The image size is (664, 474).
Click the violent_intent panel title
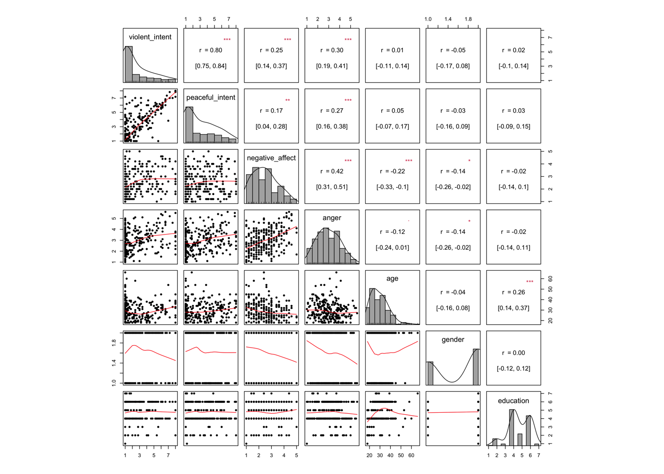(x=150, y=37)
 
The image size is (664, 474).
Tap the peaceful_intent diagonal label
(x=210, y=97)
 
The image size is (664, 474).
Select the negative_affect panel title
(x=271, y=158)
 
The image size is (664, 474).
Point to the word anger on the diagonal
(x=332, y=218)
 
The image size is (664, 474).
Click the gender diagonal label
(x=453, y=339)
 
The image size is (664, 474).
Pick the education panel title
(x=513, y=400)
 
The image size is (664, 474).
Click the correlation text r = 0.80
(x=211, y=50)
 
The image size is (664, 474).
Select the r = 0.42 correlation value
(x=332, y=171)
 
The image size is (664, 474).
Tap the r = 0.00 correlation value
(x=513, y=353)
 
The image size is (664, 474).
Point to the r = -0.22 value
(x=392, y=171)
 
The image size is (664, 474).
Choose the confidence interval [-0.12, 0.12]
(x=513, y=368)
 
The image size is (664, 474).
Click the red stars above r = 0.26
(x=530, y=282)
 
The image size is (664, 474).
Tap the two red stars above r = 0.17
(x=288, y=100)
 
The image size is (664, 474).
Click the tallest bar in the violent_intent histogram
(x=128, y=64)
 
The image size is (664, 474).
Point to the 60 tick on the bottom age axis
(x=411, y=455)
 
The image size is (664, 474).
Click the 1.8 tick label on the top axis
(x=468, y=19)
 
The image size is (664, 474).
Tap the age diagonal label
(x=392, y=278)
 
